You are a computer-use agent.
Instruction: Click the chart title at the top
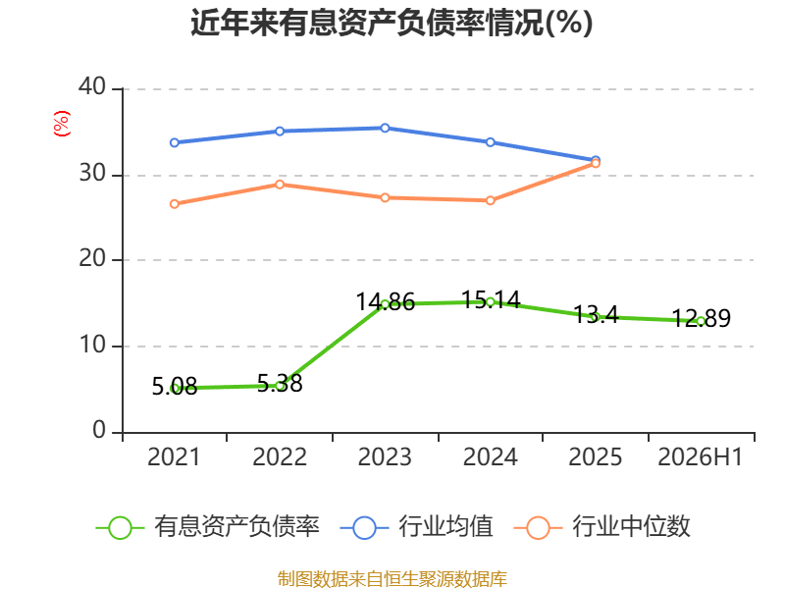pos(392,23)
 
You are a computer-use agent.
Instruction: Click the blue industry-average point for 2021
pos(175,142)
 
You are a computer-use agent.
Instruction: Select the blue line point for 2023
pos(385,129)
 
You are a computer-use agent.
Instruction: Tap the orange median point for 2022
pos(280,185)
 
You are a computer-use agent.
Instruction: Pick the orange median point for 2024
pos(490,200)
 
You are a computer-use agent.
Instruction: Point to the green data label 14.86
pos(385,302)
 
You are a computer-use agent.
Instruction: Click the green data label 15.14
pos(490,299)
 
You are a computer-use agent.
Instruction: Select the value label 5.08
pos(175,386)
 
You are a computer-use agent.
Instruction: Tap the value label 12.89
pos(701,318)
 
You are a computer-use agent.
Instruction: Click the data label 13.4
pos(596,314)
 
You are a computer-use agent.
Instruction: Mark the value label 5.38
pos(280,384)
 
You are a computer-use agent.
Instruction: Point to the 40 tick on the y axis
pos(92,86)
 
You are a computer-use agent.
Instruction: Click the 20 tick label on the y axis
pos(92,258)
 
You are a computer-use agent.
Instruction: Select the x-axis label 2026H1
pos(701,456)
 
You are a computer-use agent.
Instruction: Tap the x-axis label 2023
pos(385,456)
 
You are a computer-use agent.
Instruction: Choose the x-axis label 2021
pos(174,456)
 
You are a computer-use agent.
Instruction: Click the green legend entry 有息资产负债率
pos(207,527)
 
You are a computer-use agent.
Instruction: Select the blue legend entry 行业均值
pos(416,527)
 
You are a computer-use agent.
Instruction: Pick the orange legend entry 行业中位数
pos(602,527)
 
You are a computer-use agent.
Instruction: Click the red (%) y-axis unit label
pos(62,124)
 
